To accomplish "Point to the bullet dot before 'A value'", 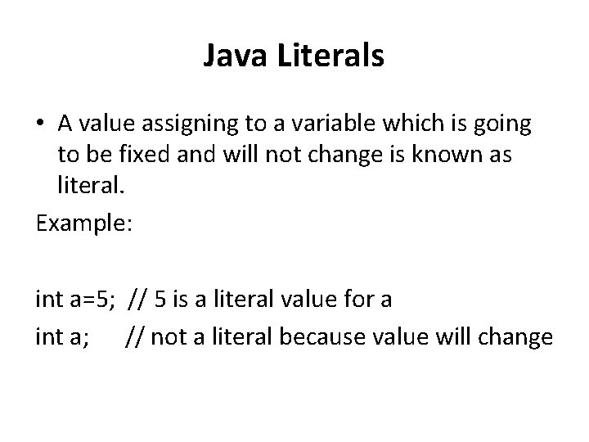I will pyautogui.click(x=41, y=125).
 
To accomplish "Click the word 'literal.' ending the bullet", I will pyautogui.click(x=90, y=187).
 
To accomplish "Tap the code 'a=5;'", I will pyautogui.click(x=87, y=299).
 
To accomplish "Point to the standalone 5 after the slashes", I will pyautogui.click(x=159, y=299).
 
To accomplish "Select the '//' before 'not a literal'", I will pyautogui.click(x=133, y=336).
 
